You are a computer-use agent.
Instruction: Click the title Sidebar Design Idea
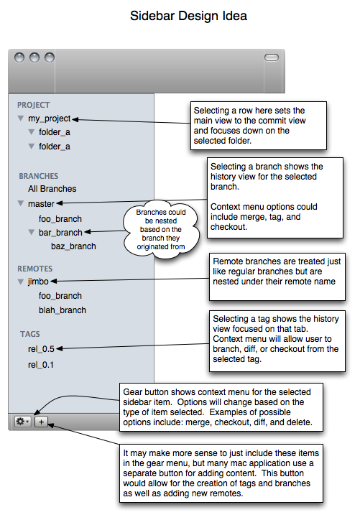tap(188, 16)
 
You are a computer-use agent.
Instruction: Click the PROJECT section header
tap(34, 105)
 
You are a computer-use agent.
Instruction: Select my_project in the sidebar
tap(49, 119)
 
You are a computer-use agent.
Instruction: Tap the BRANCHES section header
tap(39, 176)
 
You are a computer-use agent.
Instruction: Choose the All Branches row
tap(52, 189)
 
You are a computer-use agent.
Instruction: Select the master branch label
tap(41, 204)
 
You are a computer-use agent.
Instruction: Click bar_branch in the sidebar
tap(60, 233)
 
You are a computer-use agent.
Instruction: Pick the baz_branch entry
tap(73, 246)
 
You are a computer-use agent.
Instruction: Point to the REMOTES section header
tap(34, 269)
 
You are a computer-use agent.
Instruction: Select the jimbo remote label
tap(38, 282)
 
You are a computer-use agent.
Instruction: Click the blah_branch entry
tap(63, 310)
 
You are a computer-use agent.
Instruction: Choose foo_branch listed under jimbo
tap(60, 296)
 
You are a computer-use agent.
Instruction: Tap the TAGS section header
tap(30, 334)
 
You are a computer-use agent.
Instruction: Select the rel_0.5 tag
tap(41, 349)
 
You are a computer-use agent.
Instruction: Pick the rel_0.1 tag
tap(41, 365)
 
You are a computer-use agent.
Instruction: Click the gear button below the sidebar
tap(23, 422)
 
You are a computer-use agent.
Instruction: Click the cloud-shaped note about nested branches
tap(161, 229)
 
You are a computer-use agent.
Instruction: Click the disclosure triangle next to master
tap(21, 203)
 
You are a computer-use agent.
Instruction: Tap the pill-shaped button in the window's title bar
tap(272, 57)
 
